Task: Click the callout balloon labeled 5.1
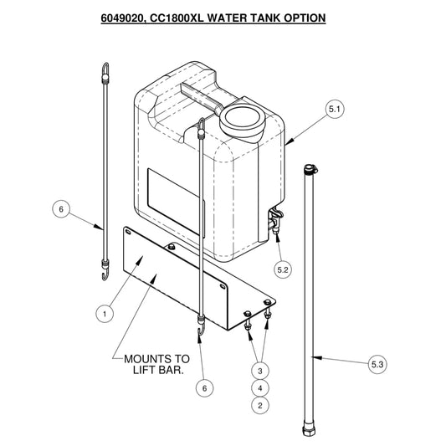pos(335,109)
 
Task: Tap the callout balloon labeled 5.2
pos(283,269)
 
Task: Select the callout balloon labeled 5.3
pos(377,364)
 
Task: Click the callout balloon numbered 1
pos(105,314)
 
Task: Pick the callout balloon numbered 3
pos(260,371)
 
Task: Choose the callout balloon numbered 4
pos(260,388)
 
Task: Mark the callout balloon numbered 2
pos(260,406)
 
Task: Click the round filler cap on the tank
pos(242,120)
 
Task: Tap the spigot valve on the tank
pos(275,220)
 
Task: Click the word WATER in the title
pos(225,18)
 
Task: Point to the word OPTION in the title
pos(305,18)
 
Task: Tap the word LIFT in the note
pos(145,370)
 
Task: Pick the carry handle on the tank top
pos(202,98)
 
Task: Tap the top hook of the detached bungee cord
pos(105,69)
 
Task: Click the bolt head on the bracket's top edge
pos(172,246)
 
